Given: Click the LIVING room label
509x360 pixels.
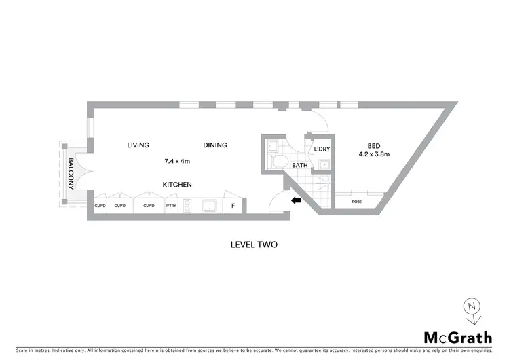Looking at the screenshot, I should coord(138,145).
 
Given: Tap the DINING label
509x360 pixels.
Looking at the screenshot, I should coord(214,145).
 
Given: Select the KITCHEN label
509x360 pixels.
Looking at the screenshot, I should coord(176,185).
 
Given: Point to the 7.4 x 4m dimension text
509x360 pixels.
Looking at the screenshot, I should coord(177,162).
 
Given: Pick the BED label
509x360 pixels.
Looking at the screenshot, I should coord(374,145).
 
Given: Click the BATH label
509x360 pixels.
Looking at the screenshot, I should coord(299,165).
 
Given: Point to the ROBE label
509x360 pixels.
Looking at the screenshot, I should coord(356,202).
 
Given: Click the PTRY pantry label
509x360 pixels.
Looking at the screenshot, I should coord(170,206).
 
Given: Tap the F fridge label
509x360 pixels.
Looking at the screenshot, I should coord(233,205).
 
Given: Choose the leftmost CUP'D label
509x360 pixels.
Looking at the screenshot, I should coord(99,206).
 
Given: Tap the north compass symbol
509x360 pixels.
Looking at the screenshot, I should coord(472,309).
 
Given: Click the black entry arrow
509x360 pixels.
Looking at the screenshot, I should coord(295,200).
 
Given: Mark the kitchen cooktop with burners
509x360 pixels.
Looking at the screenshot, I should coord(187,205).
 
